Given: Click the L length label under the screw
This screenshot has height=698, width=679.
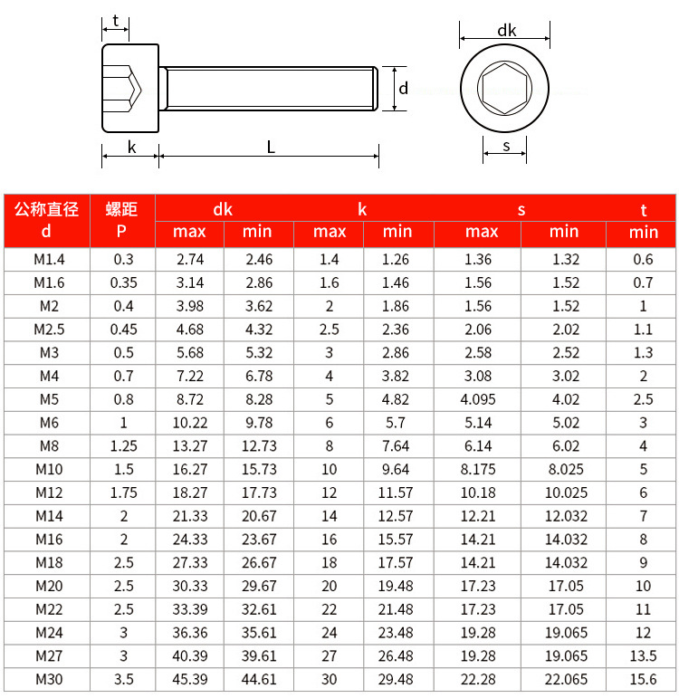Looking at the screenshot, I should [x=271, y=147].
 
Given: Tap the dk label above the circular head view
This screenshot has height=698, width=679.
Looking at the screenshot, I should [x=507, y=30].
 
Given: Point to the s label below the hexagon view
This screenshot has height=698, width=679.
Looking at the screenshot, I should [x=506, y=145].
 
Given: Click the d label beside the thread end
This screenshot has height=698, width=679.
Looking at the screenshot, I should [x=404, y=88].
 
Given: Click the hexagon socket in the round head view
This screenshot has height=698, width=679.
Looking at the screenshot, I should [x=506, y=88].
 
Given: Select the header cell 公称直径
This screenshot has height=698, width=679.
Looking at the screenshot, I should [x=47, y=210].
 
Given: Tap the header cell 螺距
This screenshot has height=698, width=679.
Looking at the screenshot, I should [x=122, y=210].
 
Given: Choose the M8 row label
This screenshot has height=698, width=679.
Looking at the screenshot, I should [x=47, y=445].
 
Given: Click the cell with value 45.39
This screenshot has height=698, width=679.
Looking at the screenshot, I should [x=190, y=679].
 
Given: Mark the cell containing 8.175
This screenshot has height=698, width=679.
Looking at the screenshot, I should [x=477, y=468].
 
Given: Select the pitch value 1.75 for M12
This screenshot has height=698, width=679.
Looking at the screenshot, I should [x=122, y=492].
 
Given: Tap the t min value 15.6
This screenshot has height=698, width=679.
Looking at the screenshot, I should [x=643, y=679].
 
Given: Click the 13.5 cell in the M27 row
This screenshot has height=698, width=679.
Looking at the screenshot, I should [x=643, y=655].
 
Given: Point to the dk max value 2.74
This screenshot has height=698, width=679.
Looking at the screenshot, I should [x=190, y=259].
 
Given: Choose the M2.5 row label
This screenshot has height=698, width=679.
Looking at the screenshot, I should [x=47, y=329].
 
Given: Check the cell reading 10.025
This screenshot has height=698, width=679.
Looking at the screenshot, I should [x=565, y=492].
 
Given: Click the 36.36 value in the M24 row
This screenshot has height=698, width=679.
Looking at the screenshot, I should [x=190, y=632].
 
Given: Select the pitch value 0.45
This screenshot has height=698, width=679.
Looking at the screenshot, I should [x=122, y=329].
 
